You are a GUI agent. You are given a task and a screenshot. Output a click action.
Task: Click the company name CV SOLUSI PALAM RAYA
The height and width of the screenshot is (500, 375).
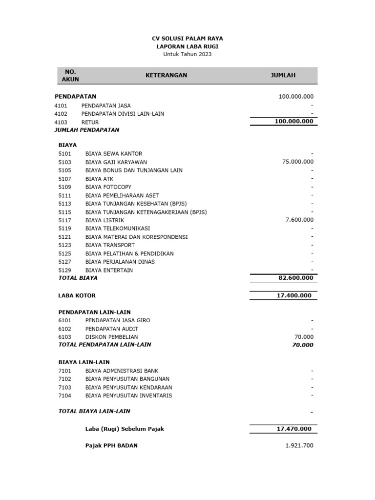[x=187, y=38]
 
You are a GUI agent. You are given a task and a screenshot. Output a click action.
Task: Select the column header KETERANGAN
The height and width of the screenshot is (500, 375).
[x=166, y=75]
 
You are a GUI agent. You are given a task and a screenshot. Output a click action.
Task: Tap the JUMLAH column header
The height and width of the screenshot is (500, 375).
[x=283, y=75]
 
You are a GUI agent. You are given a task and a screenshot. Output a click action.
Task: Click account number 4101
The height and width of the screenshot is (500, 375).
[x=61, y=105]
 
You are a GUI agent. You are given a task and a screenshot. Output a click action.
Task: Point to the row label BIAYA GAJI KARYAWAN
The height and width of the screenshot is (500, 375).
[x=116, y=162]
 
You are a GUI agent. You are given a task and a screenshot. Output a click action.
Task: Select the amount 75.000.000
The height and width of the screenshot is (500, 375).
[x=298, y=162]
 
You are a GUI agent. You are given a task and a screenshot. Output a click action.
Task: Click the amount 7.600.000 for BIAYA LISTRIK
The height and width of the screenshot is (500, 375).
[x=299, y=220]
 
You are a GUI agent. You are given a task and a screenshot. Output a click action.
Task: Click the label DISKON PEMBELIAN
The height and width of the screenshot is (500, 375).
[x=111, y=337]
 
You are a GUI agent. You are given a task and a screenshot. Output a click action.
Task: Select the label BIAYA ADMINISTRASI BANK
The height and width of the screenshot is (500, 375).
[x=122, y=371]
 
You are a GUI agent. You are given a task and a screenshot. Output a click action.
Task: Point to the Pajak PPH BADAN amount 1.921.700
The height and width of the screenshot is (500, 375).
[x=299, y=446]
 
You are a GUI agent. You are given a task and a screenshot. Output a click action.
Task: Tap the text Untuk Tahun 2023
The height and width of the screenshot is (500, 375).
[x=187, y=54]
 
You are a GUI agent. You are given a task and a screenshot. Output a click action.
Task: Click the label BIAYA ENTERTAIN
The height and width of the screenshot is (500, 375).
[x=109, y=270]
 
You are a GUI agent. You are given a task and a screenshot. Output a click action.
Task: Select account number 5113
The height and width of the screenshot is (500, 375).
[x=65, y=204]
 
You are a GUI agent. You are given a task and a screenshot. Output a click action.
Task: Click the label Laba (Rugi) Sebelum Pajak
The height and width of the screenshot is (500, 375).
[x=125, y=429]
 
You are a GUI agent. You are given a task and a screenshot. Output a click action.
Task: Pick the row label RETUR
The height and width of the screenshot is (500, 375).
[x=90, y=122]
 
